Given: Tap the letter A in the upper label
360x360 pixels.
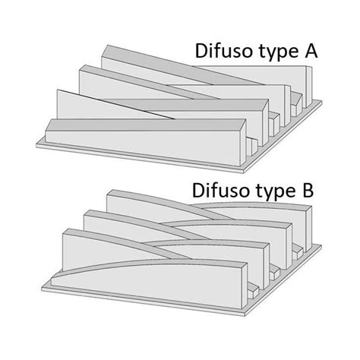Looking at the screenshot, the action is [311, 51].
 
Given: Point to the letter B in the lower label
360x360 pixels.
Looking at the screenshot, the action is [308, 191].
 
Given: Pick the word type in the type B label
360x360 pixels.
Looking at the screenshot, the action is [276, 192].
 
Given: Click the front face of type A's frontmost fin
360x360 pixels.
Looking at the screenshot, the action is [143, 147].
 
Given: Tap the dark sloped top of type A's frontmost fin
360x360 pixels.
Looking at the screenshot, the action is [147, 125].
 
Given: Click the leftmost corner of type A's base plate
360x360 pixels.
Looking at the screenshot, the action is [36, 144].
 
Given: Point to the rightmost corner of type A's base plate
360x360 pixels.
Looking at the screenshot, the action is [322, 102].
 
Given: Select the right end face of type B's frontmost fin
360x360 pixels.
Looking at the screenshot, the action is [245, 286].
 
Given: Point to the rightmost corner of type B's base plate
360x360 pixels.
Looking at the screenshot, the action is [322, 245].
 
